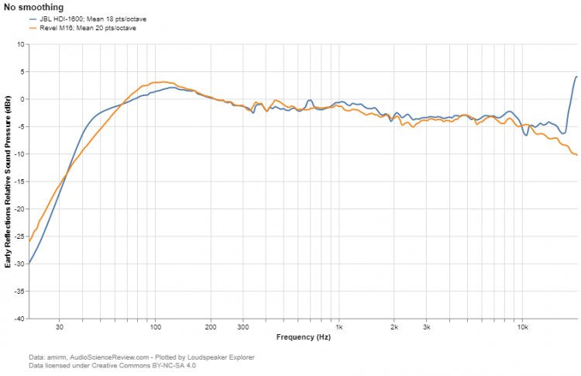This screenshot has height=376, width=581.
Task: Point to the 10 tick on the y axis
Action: tap(20, 44)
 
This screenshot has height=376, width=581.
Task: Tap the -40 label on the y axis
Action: tap(19, 319)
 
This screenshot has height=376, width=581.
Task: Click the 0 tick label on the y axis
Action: tap(22, 99)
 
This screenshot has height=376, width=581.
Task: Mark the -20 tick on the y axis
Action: tap(19, 209)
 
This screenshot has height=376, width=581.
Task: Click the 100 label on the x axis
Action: tap(155, 327)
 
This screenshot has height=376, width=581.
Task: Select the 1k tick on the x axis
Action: tap(339, 327)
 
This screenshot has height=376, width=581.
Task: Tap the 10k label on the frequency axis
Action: tap(522, 327)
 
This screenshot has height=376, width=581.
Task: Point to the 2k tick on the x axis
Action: tap(394, 327)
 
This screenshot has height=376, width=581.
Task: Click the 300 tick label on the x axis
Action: tap(242, 327)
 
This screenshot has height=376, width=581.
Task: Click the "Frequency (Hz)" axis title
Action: tap(303, 337)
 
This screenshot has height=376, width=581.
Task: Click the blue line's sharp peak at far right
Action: tap(576, 77)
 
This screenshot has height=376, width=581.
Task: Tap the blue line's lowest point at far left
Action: tap(29, 264)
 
